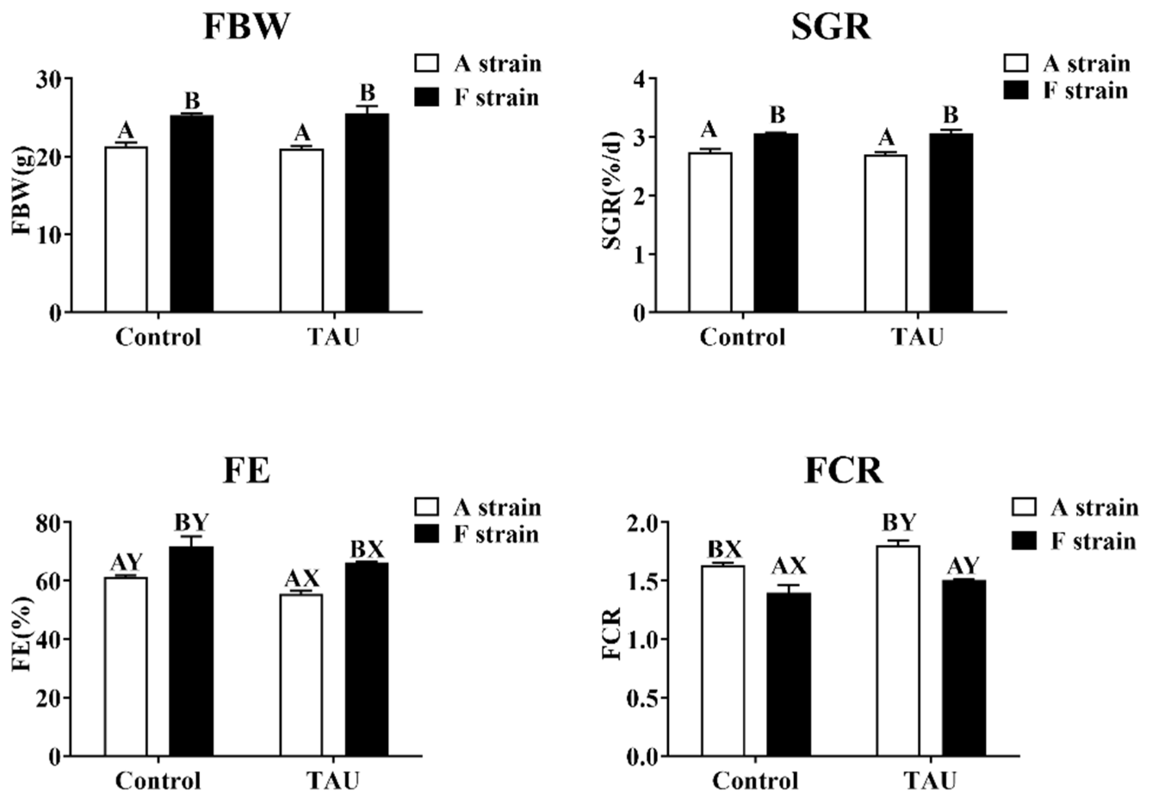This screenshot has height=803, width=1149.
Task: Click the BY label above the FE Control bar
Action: (191, 523)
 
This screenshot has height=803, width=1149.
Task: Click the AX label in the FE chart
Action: (302, 579)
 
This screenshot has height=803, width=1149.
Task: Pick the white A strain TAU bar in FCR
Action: (898, 652)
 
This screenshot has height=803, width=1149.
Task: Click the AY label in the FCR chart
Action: (963, 566)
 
